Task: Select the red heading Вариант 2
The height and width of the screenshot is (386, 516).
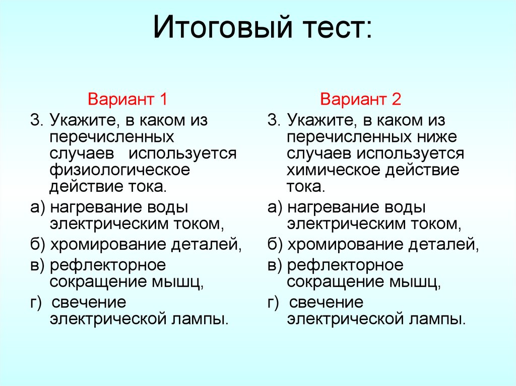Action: coord(361,99)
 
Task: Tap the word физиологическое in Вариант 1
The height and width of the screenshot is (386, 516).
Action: coord(119,170)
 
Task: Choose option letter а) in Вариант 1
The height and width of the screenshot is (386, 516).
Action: coord(38,207)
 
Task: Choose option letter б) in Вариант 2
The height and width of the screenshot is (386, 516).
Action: coord(276,245)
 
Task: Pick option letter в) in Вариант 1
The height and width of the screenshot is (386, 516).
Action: coord(38,265)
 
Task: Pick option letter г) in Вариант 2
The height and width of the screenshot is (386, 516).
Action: coord(274,302)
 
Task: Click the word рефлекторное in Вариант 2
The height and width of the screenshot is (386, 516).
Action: coord(345,265)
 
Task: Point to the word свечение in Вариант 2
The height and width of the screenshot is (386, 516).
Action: coord(326,302)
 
